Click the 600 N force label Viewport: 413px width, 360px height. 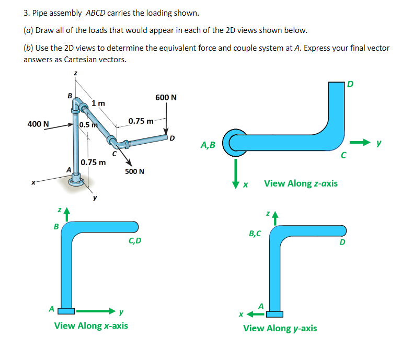166,98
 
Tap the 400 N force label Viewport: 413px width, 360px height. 38,124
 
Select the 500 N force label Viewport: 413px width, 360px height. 134,171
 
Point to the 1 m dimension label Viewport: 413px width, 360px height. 98,103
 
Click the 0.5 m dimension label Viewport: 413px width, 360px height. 88,125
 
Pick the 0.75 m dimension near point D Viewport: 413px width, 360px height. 141,121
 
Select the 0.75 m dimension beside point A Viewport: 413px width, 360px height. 94,162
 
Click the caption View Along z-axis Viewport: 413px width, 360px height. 301,183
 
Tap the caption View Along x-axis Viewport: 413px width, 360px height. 91,326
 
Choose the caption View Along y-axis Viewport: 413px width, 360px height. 280,328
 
